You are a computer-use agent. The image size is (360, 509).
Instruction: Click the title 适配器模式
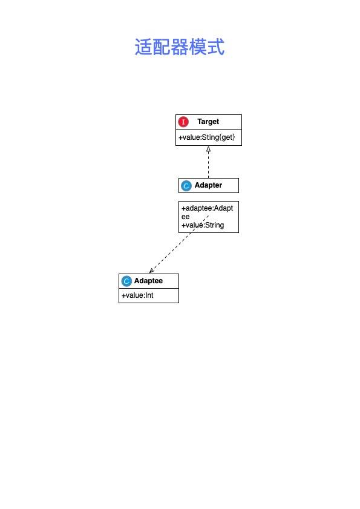[180, 47]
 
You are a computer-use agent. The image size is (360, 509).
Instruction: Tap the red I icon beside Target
[183, 122]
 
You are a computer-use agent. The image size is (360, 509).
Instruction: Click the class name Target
[208, 122]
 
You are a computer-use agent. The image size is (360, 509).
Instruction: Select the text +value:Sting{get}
[206, 137]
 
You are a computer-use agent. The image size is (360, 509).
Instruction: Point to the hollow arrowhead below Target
[208, 149]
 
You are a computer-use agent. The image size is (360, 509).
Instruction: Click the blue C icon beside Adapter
[186, 186]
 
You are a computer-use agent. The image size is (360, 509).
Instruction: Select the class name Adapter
[208, 185]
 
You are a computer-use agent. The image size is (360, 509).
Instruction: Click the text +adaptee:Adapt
[207, 208]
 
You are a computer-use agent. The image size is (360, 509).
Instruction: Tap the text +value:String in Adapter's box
[203, 225]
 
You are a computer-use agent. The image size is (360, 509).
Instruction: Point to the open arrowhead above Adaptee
[152, 271]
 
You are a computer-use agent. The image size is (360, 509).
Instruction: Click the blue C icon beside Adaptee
[126, 281]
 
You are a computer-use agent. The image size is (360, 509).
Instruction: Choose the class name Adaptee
[148, 280]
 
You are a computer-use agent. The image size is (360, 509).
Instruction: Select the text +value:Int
[137, 295]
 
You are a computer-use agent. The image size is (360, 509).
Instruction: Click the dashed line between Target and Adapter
[208, 165]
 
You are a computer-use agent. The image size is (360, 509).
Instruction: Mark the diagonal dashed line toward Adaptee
[179, 244]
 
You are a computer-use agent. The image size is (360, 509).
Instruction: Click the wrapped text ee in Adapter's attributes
[185, 217]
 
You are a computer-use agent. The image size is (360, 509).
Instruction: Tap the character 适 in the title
[143, 47]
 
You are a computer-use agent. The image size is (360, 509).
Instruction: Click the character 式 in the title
[216, 47]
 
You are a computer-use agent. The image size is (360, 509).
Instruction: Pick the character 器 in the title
[180, 47]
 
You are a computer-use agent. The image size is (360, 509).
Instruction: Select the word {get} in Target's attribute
[227, 137]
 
